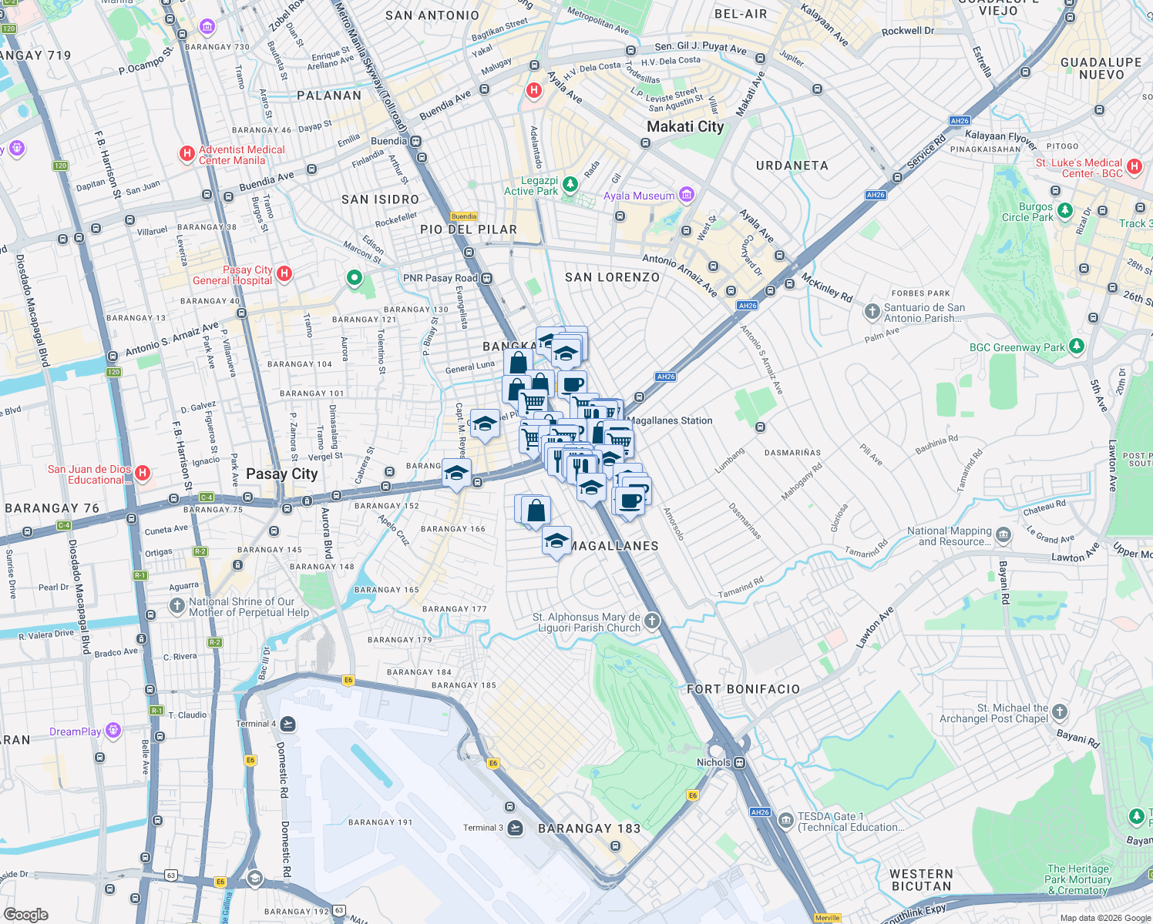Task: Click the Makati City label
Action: pos(685,126)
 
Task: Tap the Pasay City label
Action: pos(281,474)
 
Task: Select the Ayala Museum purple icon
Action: pos(687,195)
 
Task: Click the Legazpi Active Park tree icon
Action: pos(570,184)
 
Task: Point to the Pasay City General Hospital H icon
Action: pos(284,273)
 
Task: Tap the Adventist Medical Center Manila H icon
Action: pos(187,154)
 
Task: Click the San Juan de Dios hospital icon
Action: pos(143,473)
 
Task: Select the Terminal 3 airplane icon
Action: pos(516,828)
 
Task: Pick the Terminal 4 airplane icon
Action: pos(288,723)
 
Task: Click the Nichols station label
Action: pos(713,762)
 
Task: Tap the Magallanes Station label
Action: pos(670,420)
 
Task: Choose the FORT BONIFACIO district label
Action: pos(743,689)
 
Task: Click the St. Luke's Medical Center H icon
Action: pos(1134,166)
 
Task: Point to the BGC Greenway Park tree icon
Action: pos(1077,346)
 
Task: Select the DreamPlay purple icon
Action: pos(113,730)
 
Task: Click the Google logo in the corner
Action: pos(25,914)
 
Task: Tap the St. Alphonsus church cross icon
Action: pos(652,621)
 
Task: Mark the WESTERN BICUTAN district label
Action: pos(921,879)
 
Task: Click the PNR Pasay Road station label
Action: pos(440,278)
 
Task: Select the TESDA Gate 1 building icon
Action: pos(785,820)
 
